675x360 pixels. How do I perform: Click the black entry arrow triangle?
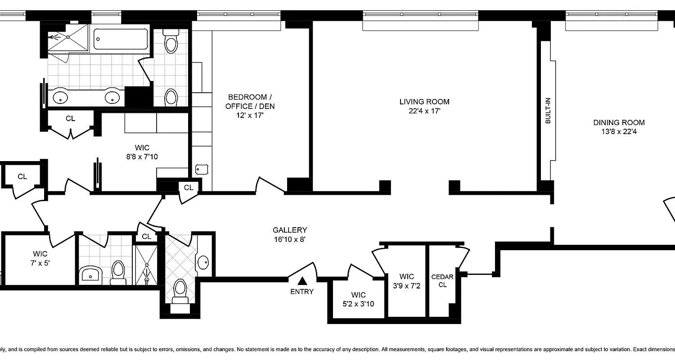pos(302,281)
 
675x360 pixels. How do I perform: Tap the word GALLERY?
pos(289,230)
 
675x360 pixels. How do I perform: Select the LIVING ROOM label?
pos(424,102)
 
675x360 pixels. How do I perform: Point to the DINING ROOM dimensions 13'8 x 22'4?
pos(619,132)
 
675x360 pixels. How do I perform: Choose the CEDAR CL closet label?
pos(442,280)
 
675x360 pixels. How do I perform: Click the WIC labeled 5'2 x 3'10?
pos(358,299)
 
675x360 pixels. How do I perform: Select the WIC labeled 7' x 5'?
pos(40,258)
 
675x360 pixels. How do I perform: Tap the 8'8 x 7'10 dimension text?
pos(142,157)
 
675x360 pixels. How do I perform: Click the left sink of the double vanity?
pos(60,97)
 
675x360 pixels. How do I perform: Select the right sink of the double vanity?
pos(112,97)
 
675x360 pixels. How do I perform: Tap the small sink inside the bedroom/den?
pos(201,170)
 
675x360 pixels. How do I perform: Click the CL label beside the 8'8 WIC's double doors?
pos(70,119)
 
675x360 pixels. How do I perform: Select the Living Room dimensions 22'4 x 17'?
pos(424,111)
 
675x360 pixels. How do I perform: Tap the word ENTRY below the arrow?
pos(302,292)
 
